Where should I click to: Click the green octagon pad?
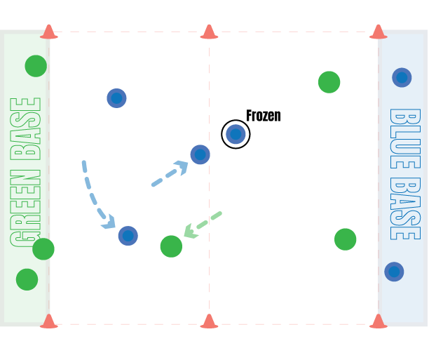330,84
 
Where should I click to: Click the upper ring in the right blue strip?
402,77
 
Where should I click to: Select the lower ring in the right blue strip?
394,272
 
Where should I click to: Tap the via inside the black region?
236,135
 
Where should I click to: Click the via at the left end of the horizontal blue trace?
116,98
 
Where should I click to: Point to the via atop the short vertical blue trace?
200,154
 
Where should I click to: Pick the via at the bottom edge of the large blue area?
128,236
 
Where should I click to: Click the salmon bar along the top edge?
210,32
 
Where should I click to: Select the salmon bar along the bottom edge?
210,325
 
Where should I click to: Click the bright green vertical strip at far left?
24,175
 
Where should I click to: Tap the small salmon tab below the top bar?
369,41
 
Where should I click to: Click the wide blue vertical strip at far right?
403,175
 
